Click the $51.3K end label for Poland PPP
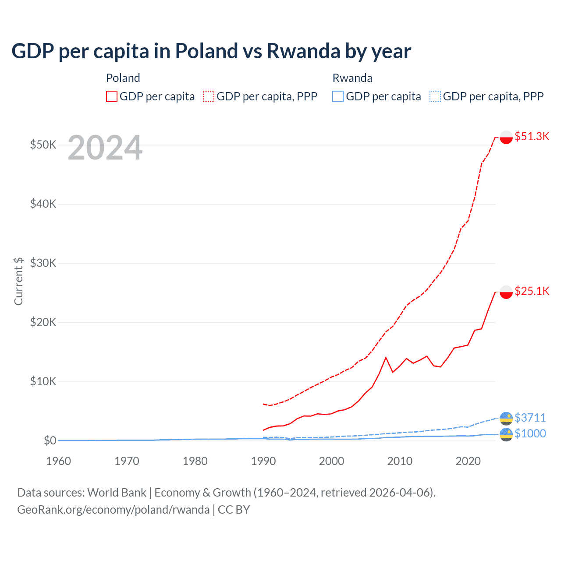(532, 136)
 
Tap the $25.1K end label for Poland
(532, 291)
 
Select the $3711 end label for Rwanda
(530, 417)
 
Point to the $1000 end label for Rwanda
(530, 433)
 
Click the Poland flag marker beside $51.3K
(506, 137)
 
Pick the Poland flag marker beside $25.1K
(506, 292)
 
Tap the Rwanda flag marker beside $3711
(506, 418)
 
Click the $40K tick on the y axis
(43, 204)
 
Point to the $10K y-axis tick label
(43, 381)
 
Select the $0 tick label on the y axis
(50, 440)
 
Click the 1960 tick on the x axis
(58, 461)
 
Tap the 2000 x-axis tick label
(332, 461)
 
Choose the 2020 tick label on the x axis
(468, 461)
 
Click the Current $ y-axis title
(18, 281)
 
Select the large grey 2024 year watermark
(105, 148)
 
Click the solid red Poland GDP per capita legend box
(112, 96)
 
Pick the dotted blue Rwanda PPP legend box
(435, 96)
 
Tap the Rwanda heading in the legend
(352, 78)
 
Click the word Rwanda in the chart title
(303, 51)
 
